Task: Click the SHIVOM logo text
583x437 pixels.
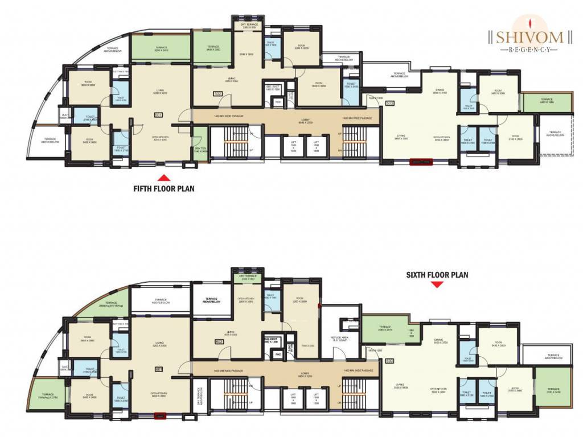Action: pos(529,38)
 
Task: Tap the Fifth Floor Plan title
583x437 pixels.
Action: pos(163,188)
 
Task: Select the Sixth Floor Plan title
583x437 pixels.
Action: pos(437,275)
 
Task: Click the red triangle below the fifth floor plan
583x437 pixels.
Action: pos(163,177)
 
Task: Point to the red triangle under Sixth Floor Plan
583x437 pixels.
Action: pos(437,285)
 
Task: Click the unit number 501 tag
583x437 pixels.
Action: pos(158,115)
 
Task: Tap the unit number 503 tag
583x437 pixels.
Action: pos(389,103)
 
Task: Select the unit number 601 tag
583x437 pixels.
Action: pos(158,369)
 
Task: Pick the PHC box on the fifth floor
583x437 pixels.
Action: pos(278,102)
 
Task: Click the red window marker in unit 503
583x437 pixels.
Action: pos(422,162)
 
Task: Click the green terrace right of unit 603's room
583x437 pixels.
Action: pos(553,389)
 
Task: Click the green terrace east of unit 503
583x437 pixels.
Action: pos(547,102)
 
